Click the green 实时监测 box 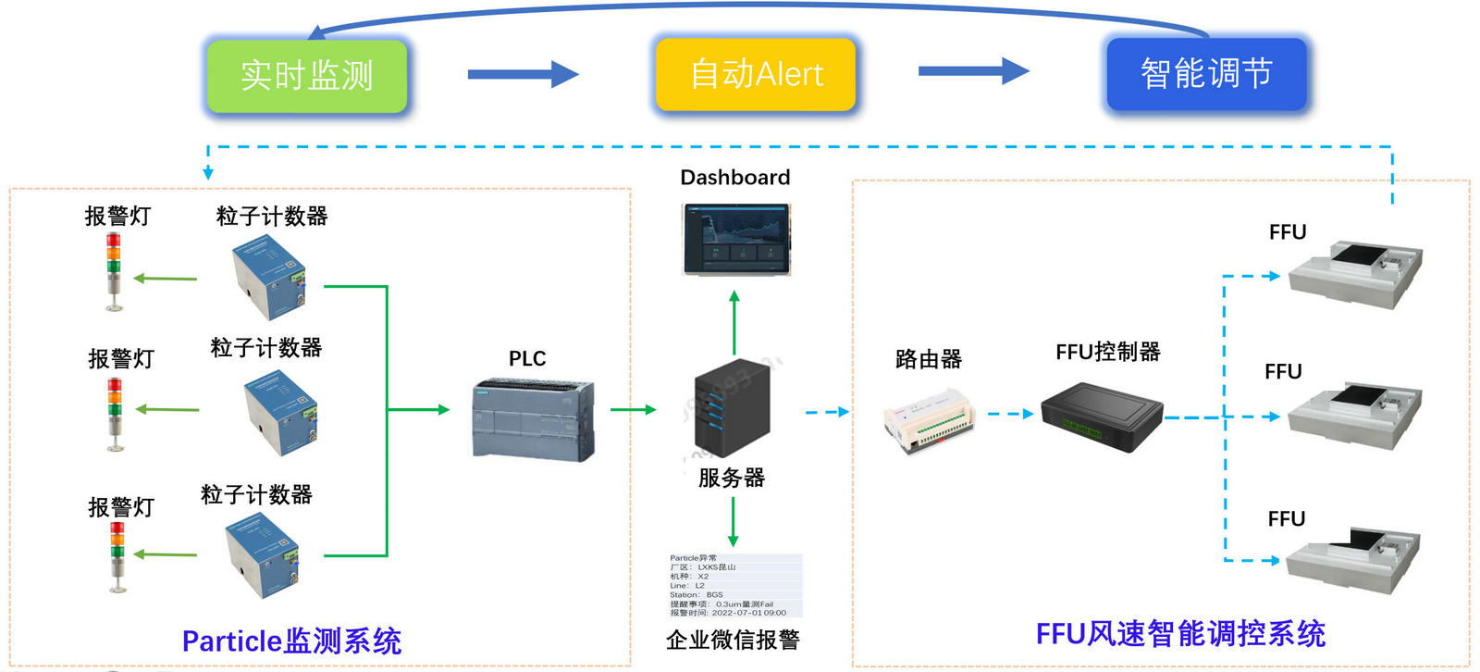pyautogui.click(x=306, y=76)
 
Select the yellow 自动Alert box pyautogui.click(x=756, y=74)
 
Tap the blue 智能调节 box pyautogui.click(x=1206, y=74)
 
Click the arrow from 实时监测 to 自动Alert pyautogui.click(x=523, y=74)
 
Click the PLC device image pyautogui.click(x=533, y=419)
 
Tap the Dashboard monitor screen pyautogui.click(x=736, y=240)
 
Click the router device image pyautogui.click(x=929, y=421)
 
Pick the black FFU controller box pyautogui.click(x=1102, y=417)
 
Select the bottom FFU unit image pyautogui.click(x=1353, y=559)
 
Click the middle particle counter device pyautogui.click(x=280, y=413)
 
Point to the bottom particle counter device pyautogui.click(x=263, y=554)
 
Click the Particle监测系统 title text pyautogui.click(x=291, y=641)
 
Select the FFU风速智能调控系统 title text pyautogui.click(x=1180, y=634)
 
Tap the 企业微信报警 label pyautogui.click(x=733, y=640)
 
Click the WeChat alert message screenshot pyautogui.click(x=735, y=585)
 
